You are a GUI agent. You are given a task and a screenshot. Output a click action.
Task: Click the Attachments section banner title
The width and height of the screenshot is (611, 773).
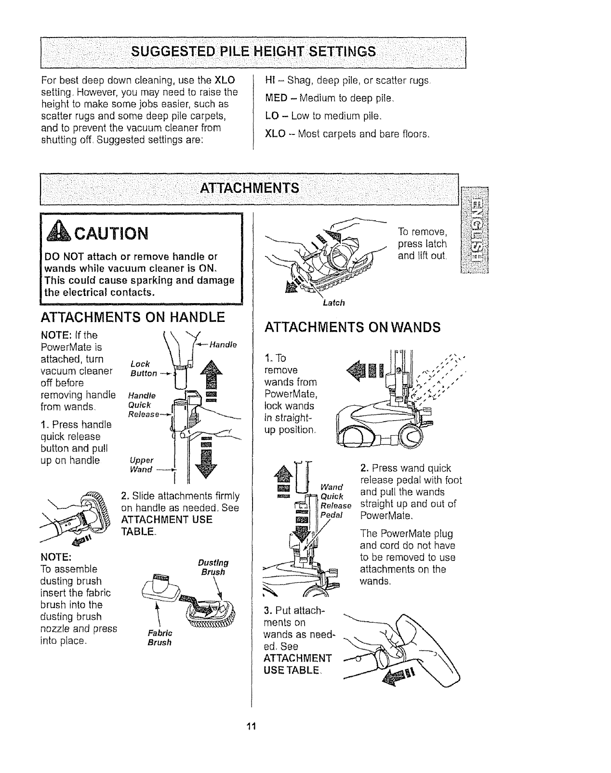point(249,187)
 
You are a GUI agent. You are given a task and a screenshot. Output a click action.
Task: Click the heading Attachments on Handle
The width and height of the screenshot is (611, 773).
point(133,317)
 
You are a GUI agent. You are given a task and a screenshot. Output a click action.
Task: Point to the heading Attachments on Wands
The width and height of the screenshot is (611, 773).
point(352,328)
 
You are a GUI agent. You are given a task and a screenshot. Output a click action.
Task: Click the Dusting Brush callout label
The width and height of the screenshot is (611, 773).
point(213,568)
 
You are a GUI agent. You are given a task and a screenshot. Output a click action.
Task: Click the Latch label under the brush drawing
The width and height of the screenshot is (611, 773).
point(333,303)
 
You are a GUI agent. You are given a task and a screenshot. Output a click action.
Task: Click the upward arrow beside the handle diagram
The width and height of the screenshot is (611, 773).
point(211,372)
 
